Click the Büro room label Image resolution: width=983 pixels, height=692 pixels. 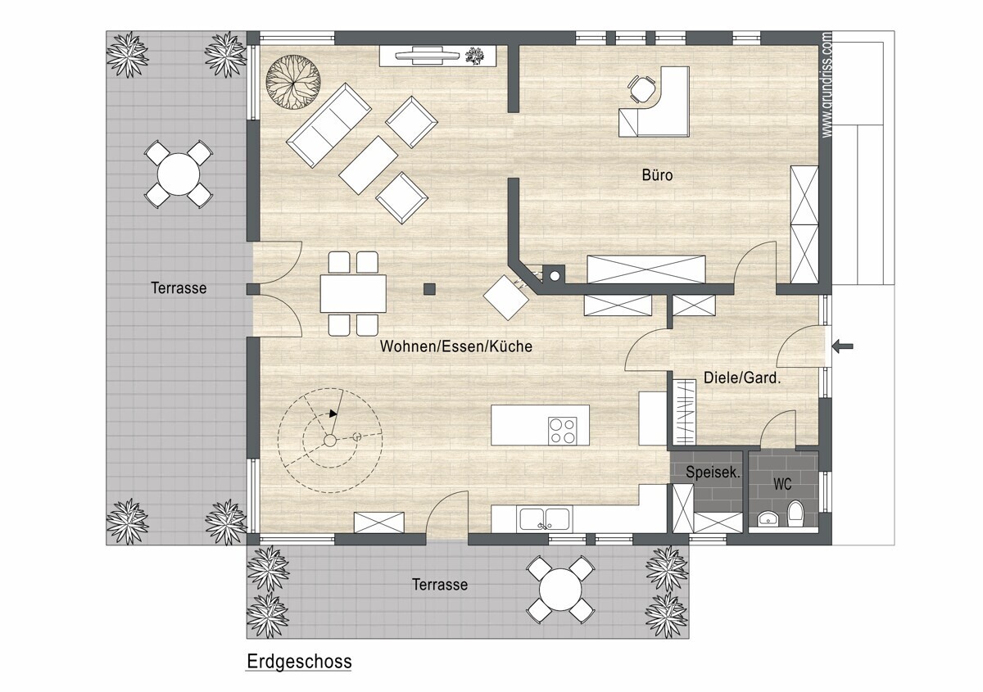[x=657, y=175]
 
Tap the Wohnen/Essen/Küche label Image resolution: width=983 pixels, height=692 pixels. [x=456, y=346]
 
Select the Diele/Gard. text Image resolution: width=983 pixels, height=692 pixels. [x=742, y=378]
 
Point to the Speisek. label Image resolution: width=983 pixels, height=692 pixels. [x=713, y=473]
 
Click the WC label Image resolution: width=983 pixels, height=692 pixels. [x=782, y=484]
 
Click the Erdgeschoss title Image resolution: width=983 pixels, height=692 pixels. [x=299, y=661]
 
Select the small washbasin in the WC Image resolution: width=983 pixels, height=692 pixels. [x=768, y=519]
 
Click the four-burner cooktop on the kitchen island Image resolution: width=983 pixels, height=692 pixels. [x=562, y=431]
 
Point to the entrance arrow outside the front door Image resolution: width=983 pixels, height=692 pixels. [x=843, y=346]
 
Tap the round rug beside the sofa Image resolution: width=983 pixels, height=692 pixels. [x=293, y=82]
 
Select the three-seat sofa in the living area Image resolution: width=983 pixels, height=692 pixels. [x=328, y=125]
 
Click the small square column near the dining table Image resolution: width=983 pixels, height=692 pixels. [x=429, y=289]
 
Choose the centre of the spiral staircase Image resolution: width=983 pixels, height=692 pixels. [x=329, y=440]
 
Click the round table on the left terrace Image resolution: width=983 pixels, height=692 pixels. [x=179, y=174]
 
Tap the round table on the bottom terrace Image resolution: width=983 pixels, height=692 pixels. [x=560, y=589]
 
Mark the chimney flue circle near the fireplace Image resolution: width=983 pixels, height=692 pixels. [x=555, y=276]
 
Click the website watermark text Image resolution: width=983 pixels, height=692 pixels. [x=827, y=85]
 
